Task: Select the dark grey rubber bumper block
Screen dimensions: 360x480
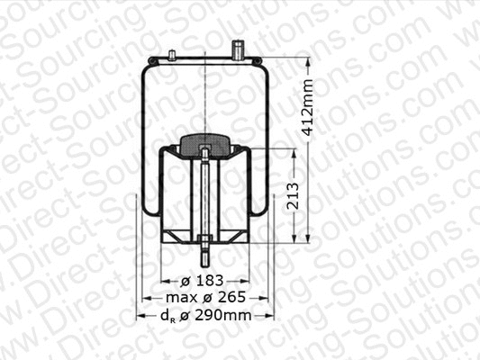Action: [206, 142]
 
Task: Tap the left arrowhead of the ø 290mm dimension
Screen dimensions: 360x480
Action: [140, 315]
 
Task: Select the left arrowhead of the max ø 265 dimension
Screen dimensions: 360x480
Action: [146, 297]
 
